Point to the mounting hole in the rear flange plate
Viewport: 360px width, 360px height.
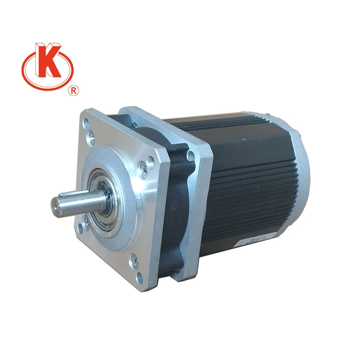[191, 155]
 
